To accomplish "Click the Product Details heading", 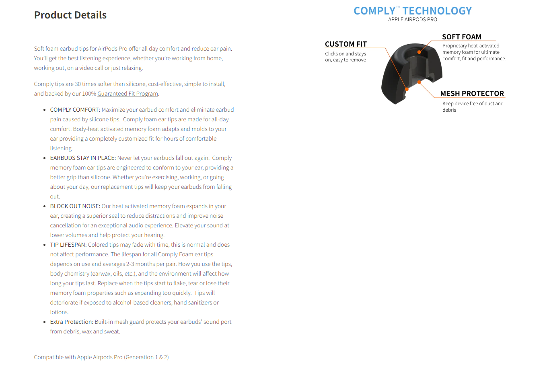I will (x=70, y=15).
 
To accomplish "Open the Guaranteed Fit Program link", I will (x=127, y=94).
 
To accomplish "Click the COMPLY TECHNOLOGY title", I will (x=412, y=11).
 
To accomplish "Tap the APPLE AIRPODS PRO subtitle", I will (x=412, y=20).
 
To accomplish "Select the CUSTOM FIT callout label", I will (x=345, y=44).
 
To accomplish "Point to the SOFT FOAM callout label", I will (x=461, y=37).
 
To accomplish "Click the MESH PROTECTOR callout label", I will (x=472, y=94).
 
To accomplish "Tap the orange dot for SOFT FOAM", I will (x=419, y=52).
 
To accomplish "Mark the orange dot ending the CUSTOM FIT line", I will (x=407, y=89).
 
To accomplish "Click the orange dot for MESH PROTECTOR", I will (x=419, y=82).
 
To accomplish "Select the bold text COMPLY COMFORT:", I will (x=75, y=110).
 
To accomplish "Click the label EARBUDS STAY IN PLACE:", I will (x=83, y=158).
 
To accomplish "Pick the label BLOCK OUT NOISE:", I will (x=75, y=206).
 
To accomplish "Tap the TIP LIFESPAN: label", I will (x=68, y=245).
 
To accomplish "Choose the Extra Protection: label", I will (x=72, y=322).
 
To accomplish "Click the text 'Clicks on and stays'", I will (x=345, y=54).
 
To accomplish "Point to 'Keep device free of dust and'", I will (x=473, y=104).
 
